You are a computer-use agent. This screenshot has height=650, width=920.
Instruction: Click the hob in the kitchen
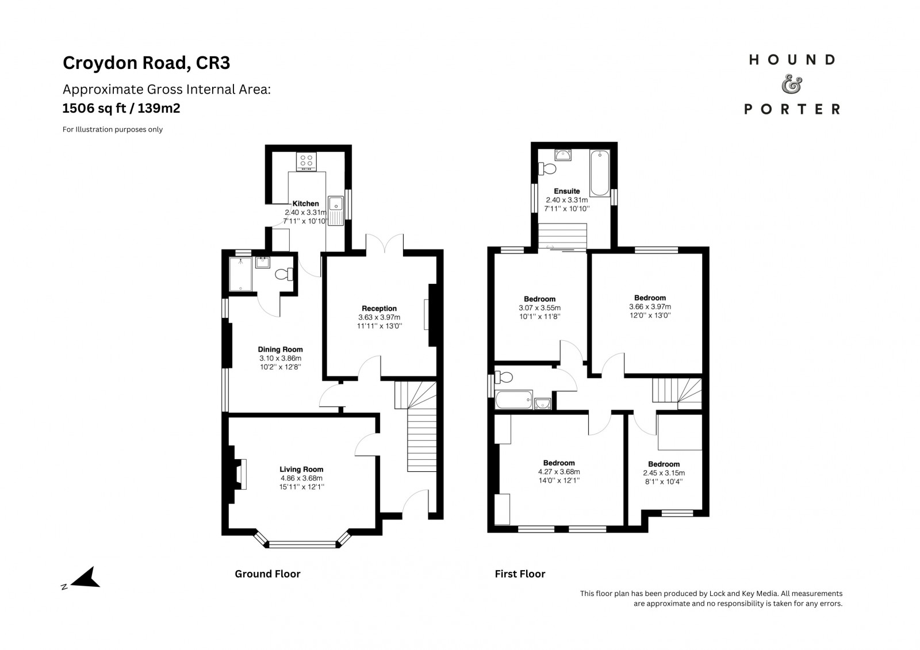[x=306, y=161]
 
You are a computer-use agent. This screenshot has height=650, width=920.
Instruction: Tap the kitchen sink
[x=336, y=211]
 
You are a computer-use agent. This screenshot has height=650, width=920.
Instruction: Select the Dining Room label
[x=280, y=349]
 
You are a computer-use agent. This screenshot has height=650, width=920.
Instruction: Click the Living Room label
[x=301, y=470]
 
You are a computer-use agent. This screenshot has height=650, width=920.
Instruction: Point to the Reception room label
[x=379, y=309]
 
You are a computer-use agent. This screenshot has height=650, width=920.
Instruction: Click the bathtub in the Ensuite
[x=600, y=173]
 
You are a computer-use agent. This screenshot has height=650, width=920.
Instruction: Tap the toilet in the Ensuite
[x=547, y=168]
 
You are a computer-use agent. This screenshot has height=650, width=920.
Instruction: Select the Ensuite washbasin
[x=563, y=155]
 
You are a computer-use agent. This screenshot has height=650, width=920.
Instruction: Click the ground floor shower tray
[x=240, y=274]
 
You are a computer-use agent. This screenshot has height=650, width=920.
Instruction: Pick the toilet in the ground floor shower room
[x=284, y=274]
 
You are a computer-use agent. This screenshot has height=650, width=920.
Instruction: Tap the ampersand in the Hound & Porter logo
[x=791, y=84]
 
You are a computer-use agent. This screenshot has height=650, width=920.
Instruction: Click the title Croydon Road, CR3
[x=146, y=63]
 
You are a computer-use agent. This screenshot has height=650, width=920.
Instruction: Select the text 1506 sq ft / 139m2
[x=121, y=109]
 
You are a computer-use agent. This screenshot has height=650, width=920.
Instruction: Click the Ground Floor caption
[x=267, y=574]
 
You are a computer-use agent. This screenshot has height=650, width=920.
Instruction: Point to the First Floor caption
[x=520, y=574]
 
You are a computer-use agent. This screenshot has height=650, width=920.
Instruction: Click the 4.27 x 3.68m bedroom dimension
[x=559, y=472]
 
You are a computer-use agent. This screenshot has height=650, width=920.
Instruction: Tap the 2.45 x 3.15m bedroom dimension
[x=664, y=473]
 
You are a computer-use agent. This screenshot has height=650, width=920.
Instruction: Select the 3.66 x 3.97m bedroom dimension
[x=650, y=307]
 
